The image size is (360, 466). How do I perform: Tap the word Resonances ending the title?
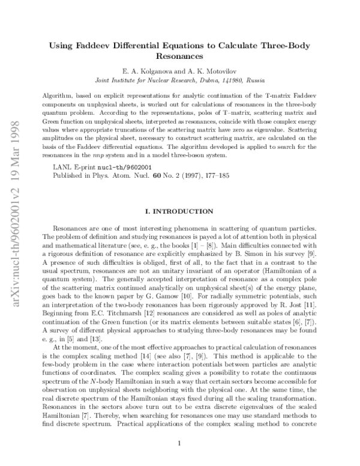click(x=179, y=56)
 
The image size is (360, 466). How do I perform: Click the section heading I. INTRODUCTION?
click(x=179, y=212)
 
